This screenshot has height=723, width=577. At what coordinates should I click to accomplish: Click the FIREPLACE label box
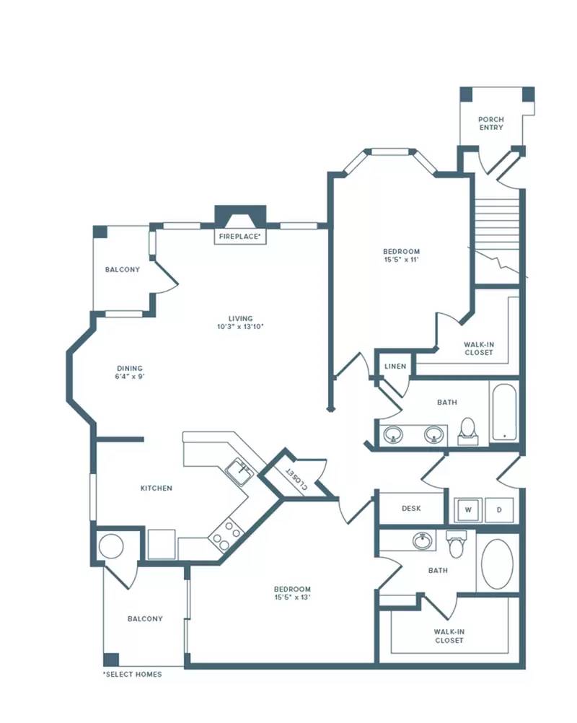coord(240,237)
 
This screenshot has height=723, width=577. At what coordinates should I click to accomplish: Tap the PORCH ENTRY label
coord(491,123)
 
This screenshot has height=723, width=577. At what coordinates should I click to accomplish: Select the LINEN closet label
coord(395,366)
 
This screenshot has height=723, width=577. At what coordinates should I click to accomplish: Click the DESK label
coord(411,508)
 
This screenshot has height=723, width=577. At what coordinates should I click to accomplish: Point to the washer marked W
coord(468,510)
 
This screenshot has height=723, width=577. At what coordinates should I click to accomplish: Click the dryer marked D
coord(499,510)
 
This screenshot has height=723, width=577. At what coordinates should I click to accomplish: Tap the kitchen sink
coord(239,472)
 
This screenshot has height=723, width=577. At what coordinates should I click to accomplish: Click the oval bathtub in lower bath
coord(497,564)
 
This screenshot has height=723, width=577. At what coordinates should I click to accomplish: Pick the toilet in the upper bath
coord(467,431)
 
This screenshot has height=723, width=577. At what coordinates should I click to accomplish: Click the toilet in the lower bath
coord(457,545)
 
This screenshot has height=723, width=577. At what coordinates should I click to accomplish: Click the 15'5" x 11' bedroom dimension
coord(402,260)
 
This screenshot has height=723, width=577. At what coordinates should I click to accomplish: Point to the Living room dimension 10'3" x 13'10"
coord(240,326)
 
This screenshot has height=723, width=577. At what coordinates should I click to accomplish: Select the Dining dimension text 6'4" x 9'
coord(130,376)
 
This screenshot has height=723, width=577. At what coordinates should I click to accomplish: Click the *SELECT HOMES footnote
coord(132,674)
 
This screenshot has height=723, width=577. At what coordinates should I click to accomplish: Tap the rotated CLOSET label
coord(297,478)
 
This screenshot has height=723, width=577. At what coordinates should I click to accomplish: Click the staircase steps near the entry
coord(497,222)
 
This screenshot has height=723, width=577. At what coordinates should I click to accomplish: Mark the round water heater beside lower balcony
coord(112,546)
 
